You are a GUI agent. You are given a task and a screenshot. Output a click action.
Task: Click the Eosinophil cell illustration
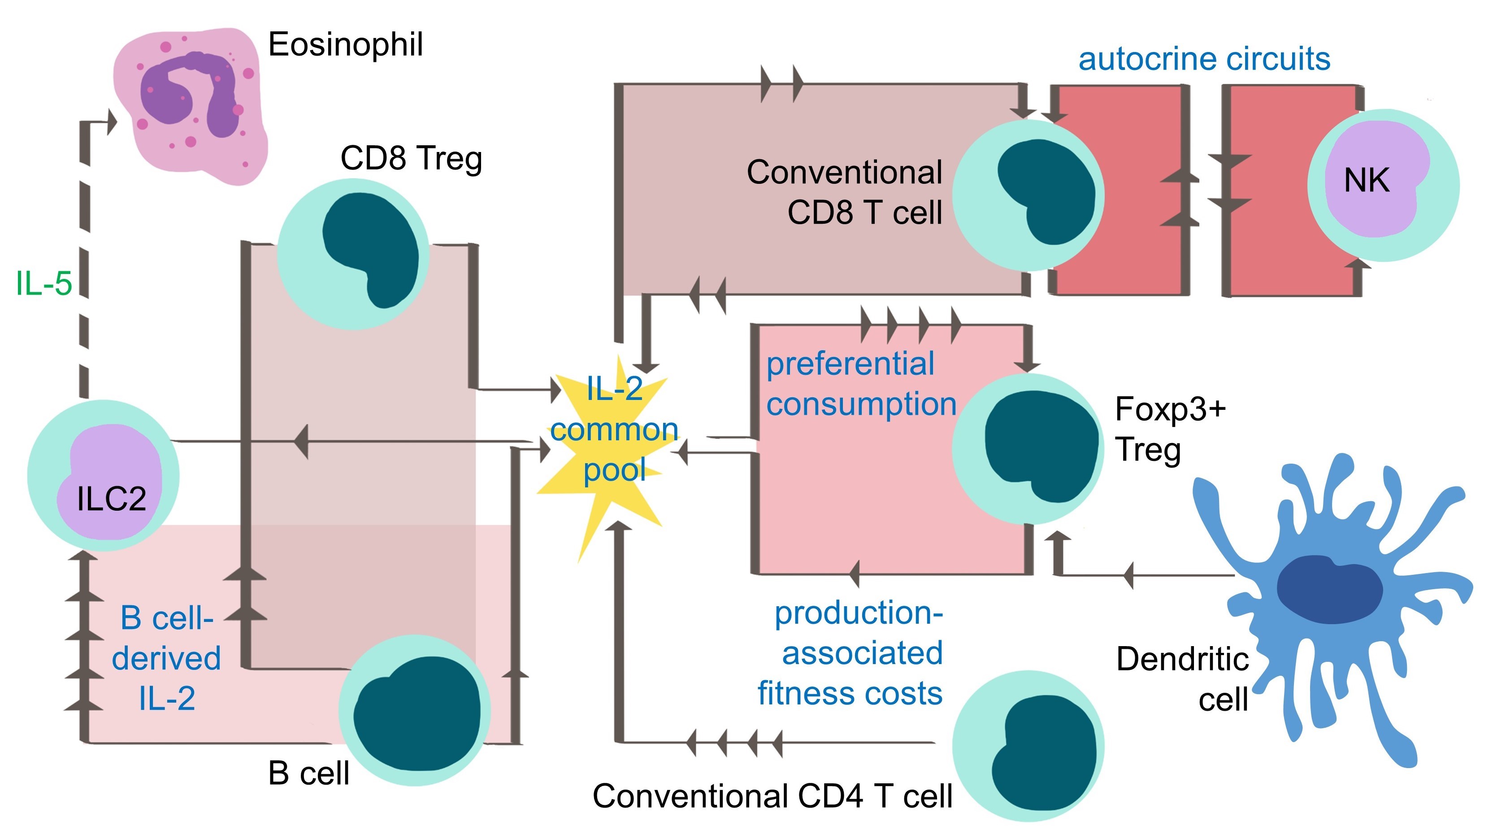191,107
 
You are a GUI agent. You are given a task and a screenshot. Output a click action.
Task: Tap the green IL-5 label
44,284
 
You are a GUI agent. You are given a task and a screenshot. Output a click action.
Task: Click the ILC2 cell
103,475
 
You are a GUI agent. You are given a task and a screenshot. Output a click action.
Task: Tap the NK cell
1383,186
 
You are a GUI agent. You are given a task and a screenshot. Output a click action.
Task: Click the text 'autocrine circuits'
1204,60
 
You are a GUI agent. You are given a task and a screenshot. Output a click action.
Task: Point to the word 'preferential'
850,364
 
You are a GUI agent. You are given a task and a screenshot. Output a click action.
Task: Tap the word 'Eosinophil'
345,45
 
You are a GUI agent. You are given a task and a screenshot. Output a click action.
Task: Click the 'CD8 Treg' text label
411,158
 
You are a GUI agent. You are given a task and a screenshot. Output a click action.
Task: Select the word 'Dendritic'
1182,660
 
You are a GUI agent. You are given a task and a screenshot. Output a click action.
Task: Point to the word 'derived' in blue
166,658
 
